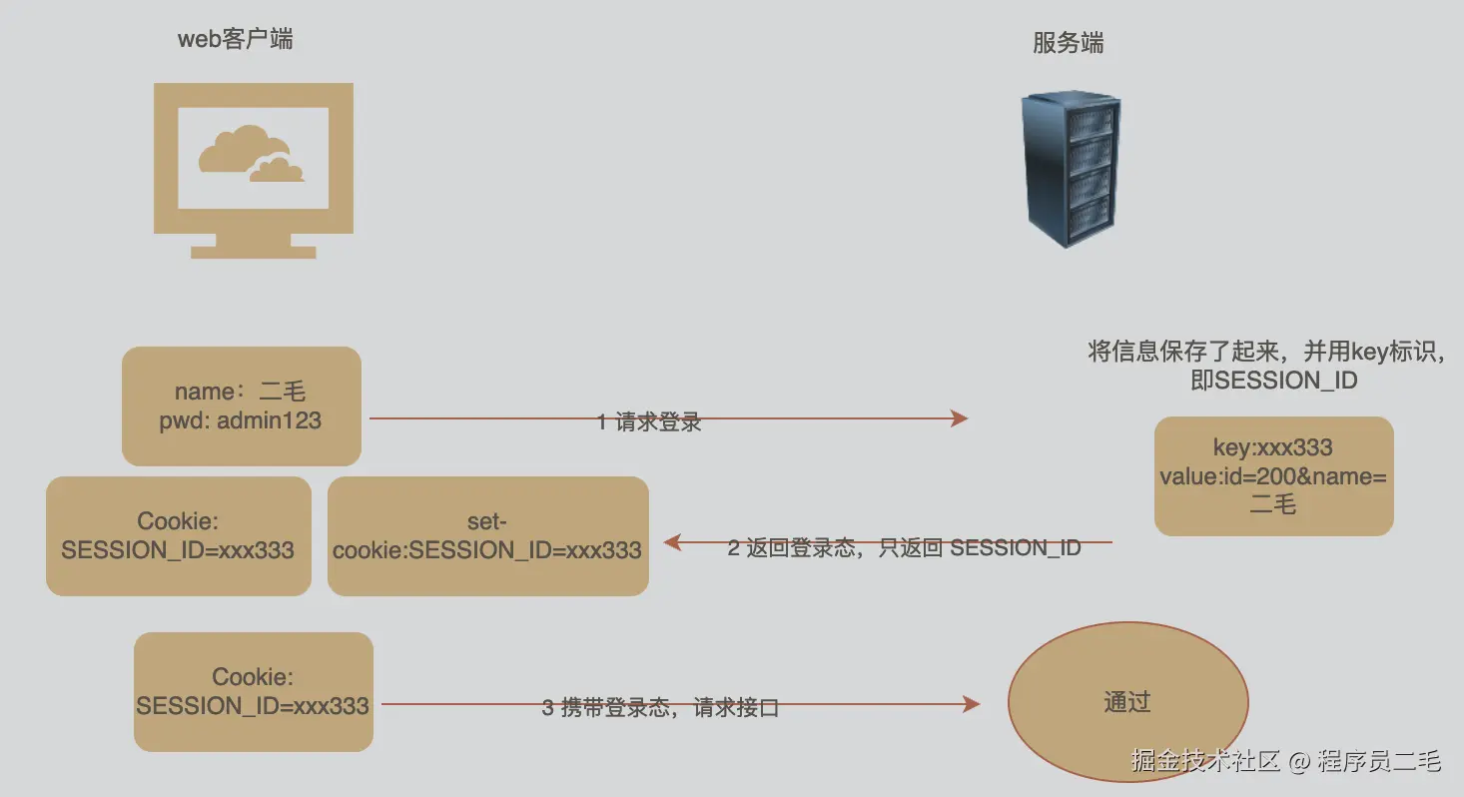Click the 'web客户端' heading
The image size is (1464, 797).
(236, 40)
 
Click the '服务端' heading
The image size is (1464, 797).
(1068, 44)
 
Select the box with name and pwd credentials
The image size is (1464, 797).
(241, 405)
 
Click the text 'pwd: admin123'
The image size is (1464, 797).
(241, 420)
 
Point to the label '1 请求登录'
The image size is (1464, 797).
(649, 422)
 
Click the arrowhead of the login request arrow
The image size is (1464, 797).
(960, 418)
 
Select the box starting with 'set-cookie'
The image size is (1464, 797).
(487, 536)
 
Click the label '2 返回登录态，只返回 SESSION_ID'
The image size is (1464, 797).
(904, 548)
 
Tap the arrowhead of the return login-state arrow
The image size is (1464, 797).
(672, 542)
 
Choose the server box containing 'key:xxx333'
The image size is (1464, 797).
(1273, 476)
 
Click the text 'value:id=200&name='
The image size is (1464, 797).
(1273, 477)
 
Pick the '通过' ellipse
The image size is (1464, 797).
(1127, 703)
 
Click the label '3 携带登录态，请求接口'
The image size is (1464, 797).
(660, 708)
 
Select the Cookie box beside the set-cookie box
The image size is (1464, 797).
(178, 536)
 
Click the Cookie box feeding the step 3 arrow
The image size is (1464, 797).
(253, 692)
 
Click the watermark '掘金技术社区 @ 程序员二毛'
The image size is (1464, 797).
(1286, 761)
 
